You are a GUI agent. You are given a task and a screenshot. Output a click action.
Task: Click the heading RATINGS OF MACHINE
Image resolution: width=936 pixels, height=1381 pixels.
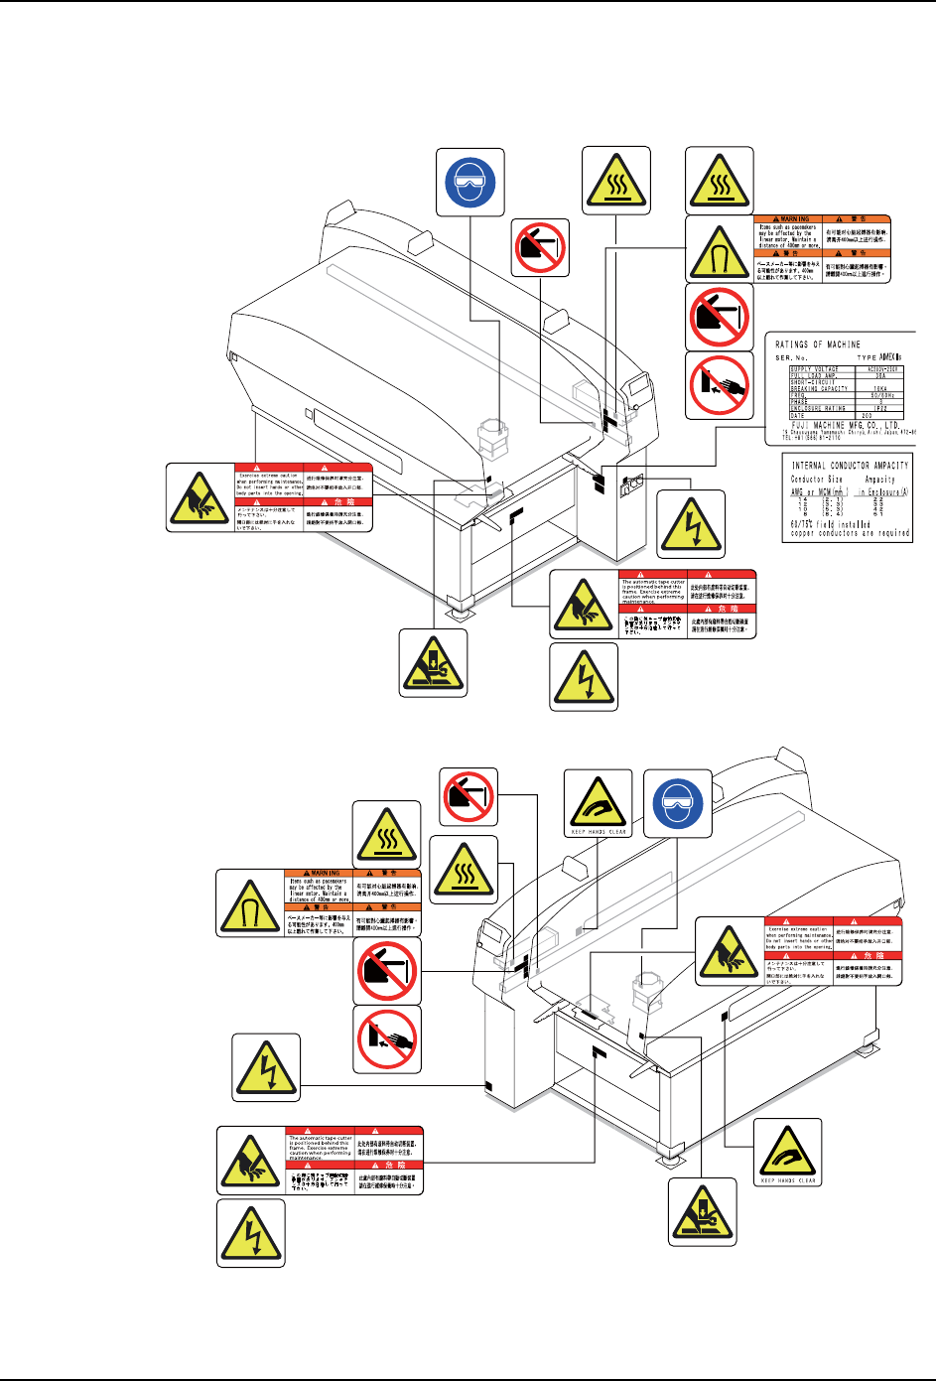pos(818,345)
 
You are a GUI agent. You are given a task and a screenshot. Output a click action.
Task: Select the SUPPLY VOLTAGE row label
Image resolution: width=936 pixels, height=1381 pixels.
pos(815,369)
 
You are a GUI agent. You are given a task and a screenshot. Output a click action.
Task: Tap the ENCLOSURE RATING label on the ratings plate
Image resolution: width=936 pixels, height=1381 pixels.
pos(818,408)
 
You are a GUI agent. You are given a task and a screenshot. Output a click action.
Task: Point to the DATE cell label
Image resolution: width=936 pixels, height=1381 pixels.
pos(798,416)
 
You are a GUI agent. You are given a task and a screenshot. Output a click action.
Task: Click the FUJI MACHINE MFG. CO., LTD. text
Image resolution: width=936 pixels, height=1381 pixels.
pos(836,425)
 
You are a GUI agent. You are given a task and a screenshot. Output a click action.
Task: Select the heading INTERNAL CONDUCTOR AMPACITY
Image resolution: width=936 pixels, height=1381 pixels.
pos(850,465)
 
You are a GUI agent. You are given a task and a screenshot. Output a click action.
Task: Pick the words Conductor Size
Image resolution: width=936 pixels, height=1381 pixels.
pos(816,479)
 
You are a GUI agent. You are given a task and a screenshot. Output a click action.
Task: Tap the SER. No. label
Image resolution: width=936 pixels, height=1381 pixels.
pos(792,357)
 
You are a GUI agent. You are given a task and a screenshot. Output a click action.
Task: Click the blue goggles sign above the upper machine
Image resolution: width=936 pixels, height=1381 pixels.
pos(471,182)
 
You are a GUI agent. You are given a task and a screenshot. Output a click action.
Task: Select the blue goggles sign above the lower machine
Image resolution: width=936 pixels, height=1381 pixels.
pos(678,802)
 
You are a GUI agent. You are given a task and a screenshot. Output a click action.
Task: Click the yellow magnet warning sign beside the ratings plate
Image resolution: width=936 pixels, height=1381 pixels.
pos(720,249)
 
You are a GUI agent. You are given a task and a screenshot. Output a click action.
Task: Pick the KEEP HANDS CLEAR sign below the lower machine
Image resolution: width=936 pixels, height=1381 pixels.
pos(788,1152)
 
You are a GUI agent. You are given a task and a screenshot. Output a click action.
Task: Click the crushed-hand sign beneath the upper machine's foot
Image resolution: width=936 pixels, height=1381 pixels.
pos(433,662)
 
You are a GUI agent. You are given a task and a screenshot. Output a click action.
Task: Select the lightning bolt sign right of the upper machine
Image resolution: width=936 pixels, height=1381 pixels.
pos(691,523)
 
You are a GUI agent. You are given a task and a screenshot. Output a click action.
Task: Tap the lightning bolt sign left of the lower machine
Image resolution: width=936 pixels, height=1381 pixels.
pos(266,1067)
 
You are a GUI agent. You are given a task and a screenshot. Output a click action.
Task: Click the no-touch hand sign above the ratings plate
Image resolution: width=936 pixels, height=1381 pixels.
pos(720,385)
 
